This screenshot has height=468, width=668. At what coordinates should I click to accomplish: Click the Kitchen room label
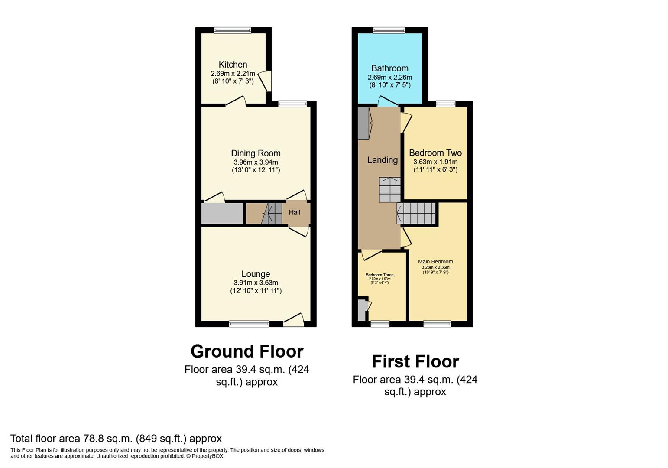(233, 65)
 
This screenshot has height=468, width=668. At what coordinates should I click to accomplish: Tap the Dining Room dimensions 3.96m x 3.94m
(256, 162)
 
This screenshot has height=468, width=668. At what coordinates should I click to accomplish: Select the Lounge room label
(256, 274)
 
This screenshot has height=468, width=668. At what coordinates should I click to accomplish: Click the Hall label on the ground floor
(295, 212)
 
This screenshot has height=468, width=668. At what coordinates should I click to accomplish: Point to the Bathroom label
(389, 68)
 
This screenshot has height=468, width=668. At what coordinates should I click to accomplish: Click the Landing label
(382, 160)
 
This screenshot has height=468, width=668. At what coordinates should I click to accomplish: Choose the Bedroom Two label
(435, 153)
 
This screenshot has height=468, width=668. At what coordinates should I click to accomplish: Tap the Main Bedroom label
(435, 262)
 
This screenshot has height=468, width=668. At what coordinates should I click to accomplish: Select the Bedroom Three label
(379, 275)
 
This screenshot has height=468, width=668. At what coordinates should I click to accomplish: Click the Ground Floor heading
(247, 351)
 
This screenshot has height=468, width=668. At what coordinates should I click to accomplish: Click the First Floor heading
(415, 361)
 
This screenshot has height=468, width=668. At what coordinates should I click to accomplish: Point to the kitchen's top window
(233, 30)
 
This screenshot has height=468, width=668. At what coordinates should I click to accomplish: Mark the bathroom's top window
(389, 30)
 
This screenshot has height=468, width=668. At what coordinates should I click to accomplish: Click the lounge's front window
(249, 324)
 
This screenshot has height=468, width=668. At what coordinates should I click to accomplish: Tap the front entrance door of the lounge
(294, 321)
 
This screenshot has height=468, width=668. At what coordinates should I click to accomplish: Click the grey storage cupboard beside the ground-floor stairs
(222, 213)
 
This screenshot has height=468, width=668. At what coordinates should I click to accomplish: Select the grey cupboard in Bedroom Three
(361, 310)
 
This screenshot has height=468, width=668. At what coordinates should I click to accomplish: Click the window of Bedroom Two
(446, 104)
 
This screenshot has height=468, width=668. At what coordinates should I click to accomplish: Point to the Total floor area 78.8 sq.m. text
(116, 438)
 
